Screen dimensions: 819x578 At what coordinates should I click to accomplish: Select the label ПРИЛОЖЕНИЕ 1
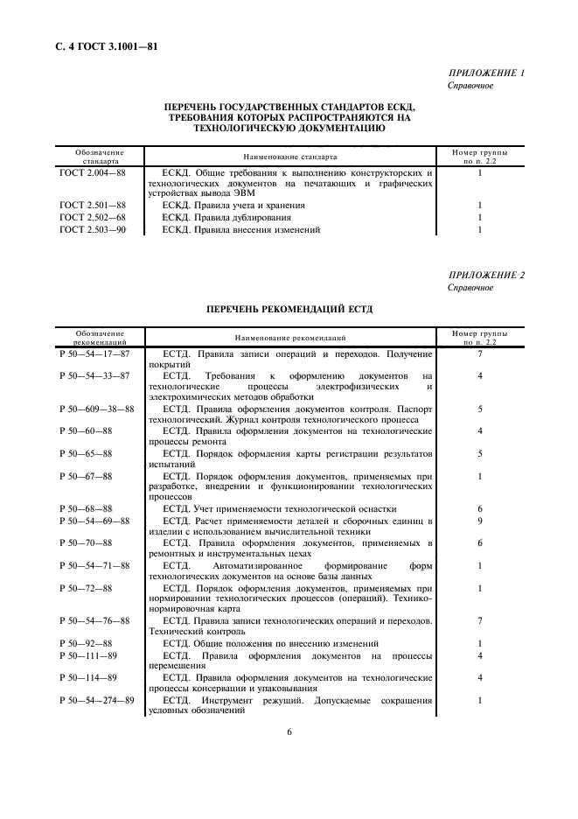(485, 73)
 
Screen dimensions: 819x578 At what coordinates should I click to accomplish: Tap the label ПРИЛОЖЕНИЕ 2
(485, 275)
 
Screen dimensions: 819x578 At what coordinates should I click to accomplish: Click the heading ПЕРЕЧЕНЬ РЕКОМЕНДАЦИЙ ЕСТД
(289, 308)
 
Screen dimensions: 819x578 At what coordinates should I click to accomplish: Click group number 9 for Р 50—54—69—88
(480, 520)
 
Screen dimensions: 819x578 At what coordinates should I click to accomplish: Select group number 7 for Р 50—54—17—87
(480, 353)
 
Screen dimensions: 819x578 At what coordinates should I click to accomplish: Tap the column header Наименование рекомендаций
(289, 337)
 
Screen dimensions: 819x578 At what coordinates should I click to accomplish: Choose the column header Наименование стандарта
(289, 157)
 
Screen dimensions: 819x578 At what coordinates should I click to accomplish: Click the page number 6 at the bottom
(289, 732)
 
